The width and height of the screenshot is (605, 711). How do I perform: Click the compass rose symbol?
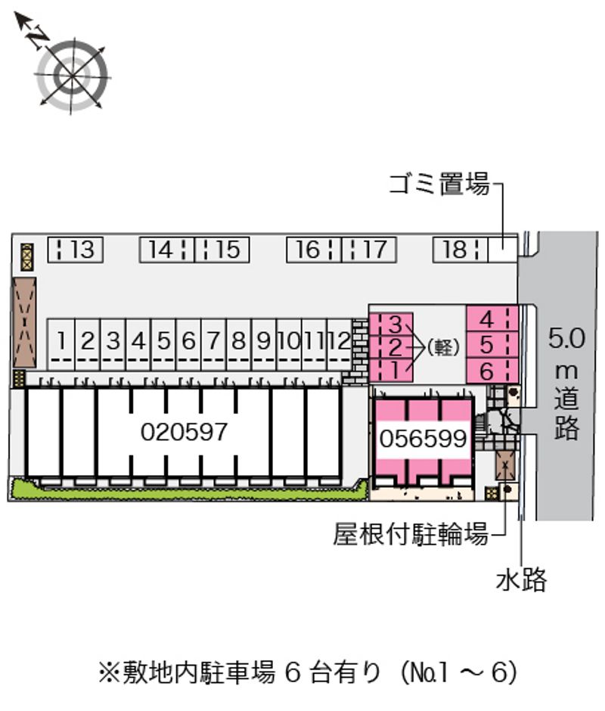[72, 75]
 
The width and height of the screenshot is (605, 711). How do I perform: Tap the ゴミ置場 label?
[439, 184]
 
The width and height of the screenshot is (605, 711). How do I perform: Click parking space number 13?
[76, 249]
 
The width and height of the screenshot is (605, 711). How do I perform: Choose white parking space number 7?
[214, 342]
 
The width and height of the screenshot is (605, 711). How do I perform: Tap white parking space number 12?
[340, 342]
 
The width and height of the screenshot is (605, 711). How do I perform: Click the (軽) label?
[444, 348]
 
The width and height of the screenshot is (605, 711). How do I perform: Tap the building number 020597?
[184, 432]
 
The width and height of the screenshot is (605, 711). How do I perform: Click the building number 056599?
[423, 439]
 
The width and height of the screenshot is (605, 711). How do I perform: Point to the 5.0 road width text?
[566, 338]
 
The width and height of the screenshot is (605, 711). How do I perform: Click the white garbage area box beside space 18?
[501, 249]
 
